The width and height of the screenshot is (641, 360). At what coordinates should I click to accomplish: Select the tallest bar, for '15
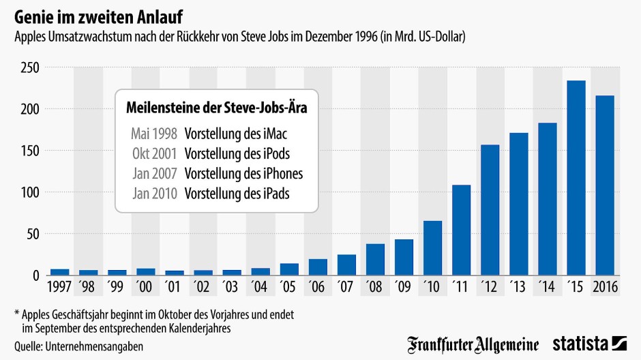[x=576, y=179]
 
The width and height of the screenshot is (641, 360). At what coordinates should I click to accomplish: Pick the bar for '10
[x=432, y=248]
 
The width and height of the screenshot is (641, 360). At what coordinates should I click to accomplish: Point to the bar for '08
[x=375, y=259]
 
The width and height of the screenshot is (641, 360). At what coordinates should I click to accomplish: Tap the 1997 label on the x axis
[x=59, y=286]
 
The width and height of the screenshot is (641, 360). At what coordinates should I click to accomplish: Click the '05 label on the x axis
[x=289, y=286]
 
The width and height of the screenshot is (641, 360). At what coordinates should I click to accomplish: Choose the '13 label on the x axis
[x=519, y=286]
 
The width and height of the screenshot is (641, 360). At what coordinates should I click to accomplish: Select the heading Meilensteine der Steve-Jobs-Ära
[x=217, y=108]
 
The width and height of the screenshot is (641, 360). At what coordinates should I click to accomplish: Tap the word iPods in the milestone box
[x=282, y=153]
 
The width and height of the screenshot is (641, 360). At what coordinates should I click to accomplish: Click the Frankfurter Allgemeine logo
[x=473, y=343]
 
